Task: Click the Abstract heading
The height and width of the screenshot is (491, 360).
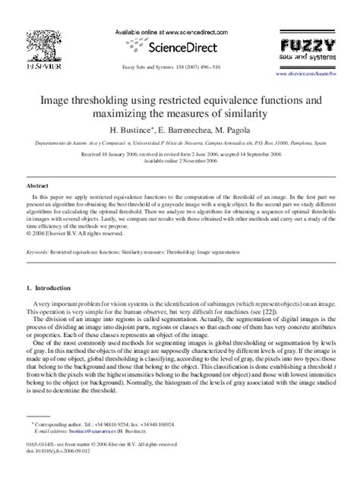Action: click(37, 184)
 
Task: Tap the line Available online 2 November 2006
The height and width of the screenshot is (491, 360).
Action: click(179, 161)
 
